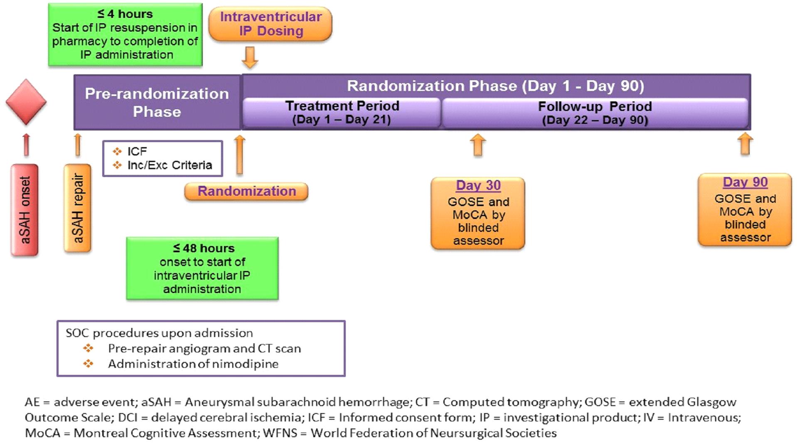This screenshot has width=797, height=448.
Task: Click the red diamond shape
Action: pos(26,102)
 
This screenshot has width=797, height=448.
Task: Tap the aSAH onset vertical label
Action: pos(25,210)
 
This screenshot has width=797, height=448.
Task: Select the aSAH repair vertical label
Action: pos(77,208)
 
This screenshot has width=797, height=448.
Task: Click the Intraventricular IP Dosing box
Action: pos(271,24)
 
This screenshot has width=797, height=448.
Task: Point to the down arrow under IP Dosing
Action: pos(250,57)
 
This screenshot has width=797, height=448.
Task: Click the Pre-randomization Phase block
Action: pos(157,103)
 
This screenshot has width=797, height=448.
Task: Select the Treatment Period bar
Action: pos(342,113)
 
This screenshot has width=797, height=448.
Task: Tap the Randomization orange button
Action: pos(246,191)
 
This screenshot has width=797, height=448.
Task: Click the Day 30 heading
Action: pos(478,185)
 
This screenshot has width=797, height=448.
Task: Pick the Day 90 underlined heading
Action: pos(745,182)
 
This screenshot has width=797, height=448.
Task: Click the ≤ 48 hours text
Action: pos(204,248)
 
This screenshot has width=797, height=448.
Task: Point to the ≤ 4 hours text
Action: pos(125,14)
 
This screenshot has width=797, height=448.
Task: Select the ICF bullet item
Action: pos(137,151)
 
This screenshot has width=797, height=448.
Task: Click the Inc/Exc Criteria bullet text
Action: pos(170,165)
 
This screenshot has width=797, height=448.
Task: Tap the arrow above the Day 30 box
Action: pos(478,145)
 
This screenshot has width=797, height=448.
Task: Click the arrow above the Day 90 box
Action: pos(745,143)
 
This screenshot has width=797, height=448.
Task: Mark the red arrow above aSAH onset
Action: pos(26,145)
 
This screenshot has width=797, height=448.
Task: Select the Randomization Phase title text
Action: pos(495,86)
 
